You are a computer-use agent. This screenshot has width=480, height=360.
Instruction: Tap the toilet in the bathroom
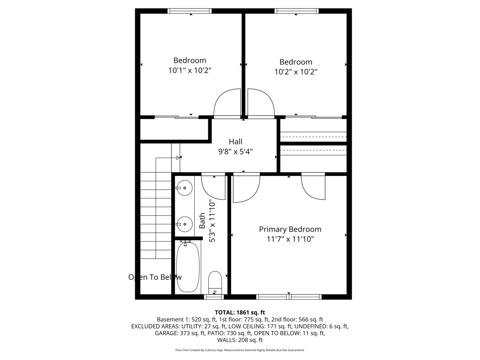[215, 282]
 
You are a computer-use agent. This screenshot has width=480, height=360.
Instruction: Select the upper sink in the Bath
[185, 188]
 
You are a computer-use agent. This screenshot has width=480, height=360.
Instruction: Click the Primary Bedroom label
[290, 229]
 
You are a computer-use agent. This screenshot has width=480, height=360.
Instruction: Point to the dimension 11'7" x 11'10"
[290, 239]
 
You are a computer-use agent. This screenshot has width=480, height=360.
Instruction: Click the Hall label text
[235, 142]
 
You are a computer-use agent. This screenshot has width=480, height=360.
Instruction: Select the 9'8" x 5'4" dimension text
[235, 152]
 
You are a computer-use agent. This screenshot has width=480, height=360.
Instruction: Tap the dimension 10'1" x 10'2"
[190, 70]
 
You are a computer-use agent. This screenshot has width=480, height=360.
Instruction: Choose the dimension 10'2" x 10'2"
[296, 72]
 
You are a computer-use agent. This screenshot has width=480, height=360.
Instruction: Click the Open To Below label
[155, 277]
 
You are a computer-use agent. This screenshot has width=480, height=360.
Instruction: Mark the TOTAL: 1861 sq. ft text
[240, 312]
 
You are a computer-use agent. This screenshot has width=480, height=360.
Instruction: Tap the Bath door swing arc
[213, 187]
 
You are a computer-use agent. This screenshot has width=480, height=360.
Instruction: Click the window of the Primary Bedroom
[288, 296]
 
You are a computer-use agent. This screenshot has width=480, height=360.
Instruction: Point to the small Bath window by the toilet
[214, 296]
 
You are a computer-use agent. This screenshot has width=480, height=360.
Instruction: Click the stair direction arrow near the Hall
[178, 158]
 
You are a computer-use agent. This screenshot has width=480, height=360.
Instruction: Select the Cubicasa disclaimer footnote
[240, 350]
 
